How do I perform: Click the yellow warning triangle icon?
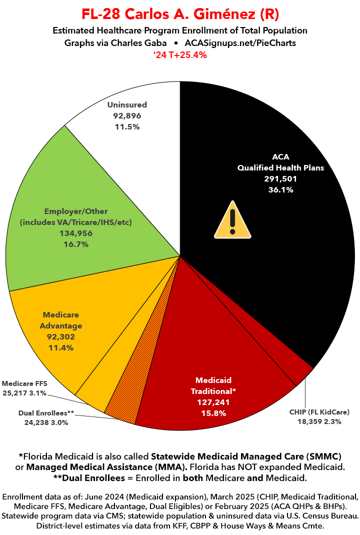(x=232, y=220)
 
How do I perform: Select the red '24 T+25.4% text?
(x=180, y=55)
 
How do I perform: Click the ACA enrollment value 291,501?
(x=281, y=179)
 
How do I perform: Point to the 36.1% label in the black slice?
(x=281, y=190)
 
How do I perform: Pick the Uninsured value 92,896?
(x=127, y=116)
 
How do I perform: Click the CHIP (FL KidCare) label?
(x=319, y=412)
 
